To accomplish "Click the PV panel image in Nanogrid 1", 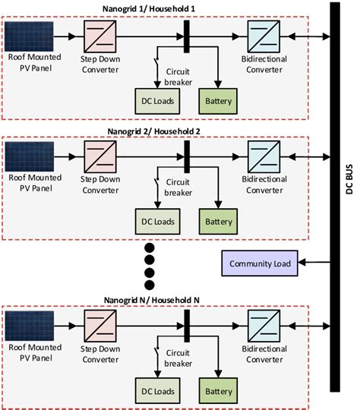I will coord(29,36).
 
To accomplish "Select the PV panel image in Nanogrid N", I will coord(29,324).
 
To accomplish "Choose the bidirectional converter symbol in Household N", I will coord(265,326).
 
